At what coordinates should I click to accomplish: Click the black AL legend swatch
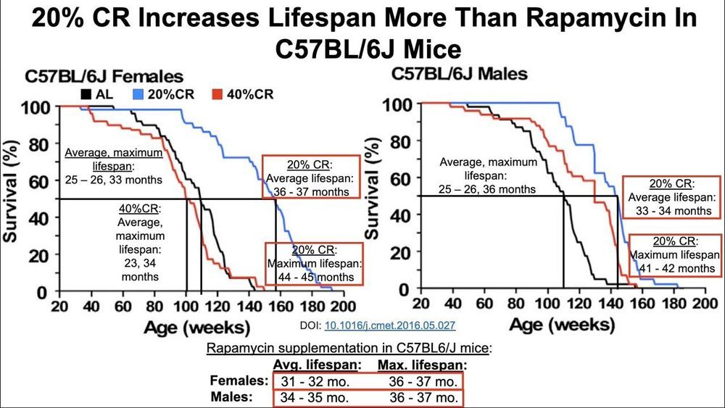86,94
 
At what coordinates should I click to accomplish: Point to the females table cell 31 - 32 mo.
305,380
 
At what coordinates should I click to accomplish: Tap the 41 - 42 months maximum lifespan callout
674,254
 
